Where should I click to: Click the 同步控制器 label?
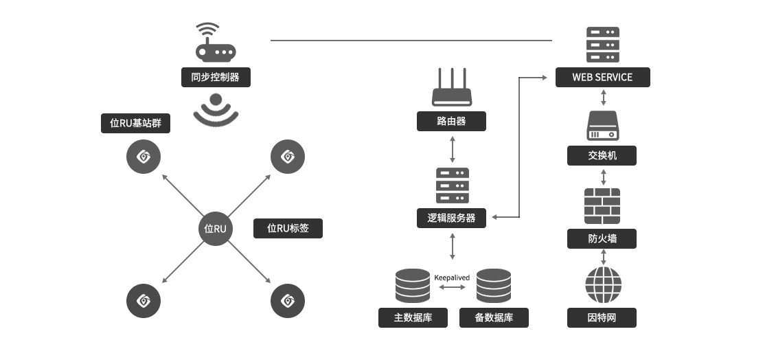tap(215, 77)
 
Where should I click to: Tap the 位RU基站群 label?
tap(135, 123)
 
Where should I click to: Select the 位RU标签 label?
tap(288, 228)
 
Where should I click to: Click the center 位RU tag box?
tap(216, 228)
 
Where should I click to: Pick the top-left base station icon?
tap(144, 157)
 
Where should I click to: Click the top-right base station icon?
tap(288, 157)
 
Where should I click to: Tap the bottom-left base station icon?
tap(144, 301)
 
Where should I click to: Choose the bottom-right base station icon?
tap(288, 301)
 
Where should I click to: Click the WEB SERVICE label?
tap(602, 77)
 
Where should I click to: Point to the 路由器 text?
tap(451, 121)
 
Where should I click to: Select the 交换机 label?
tap(602, 155)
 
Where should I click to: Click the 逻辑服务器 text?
tap(451, 218)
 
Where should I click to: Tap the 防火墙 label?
tap(602, 238)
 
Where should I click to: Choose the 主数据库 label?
tap(413, 317)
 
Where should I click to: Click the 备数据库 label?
tap(494, 317)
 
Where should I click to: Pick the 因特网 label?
tap(602, 317)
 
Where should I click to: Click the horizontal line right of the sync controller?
tap(332, 41)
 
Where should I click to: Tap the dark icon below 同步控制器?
tap(214, 110)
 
